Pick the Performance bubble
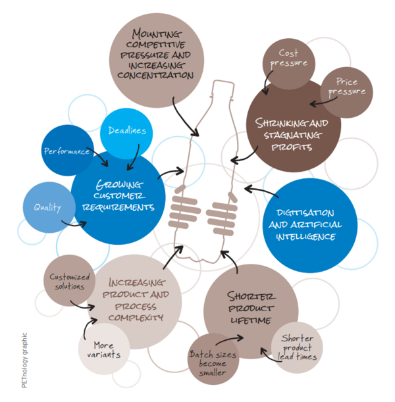coord(66,151)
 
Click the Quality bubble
coord(47,207)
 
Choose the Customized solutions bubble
coord(68,282)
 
